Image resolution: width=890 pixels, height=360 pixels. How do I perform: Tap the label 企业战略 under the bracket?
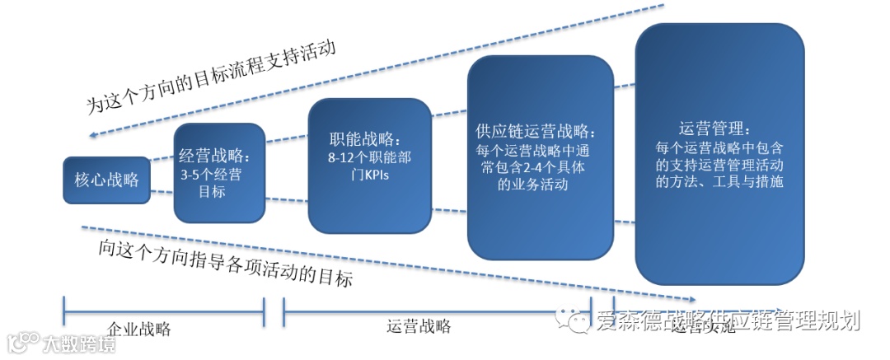[x=139, y=329]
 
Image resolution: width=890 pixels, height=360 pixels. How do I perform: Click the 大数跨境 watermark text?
[x=81, y=343]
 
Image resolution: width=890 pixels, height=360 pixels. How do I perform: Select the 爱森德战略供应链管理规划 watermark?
[x=728, y=320]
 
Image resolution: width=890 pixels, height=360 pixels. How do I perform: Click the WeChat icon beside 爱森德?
[x=575, y=320]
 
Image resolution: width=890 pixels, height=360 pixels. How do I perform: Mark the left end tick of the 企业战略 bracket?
[x=63, y=312]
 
